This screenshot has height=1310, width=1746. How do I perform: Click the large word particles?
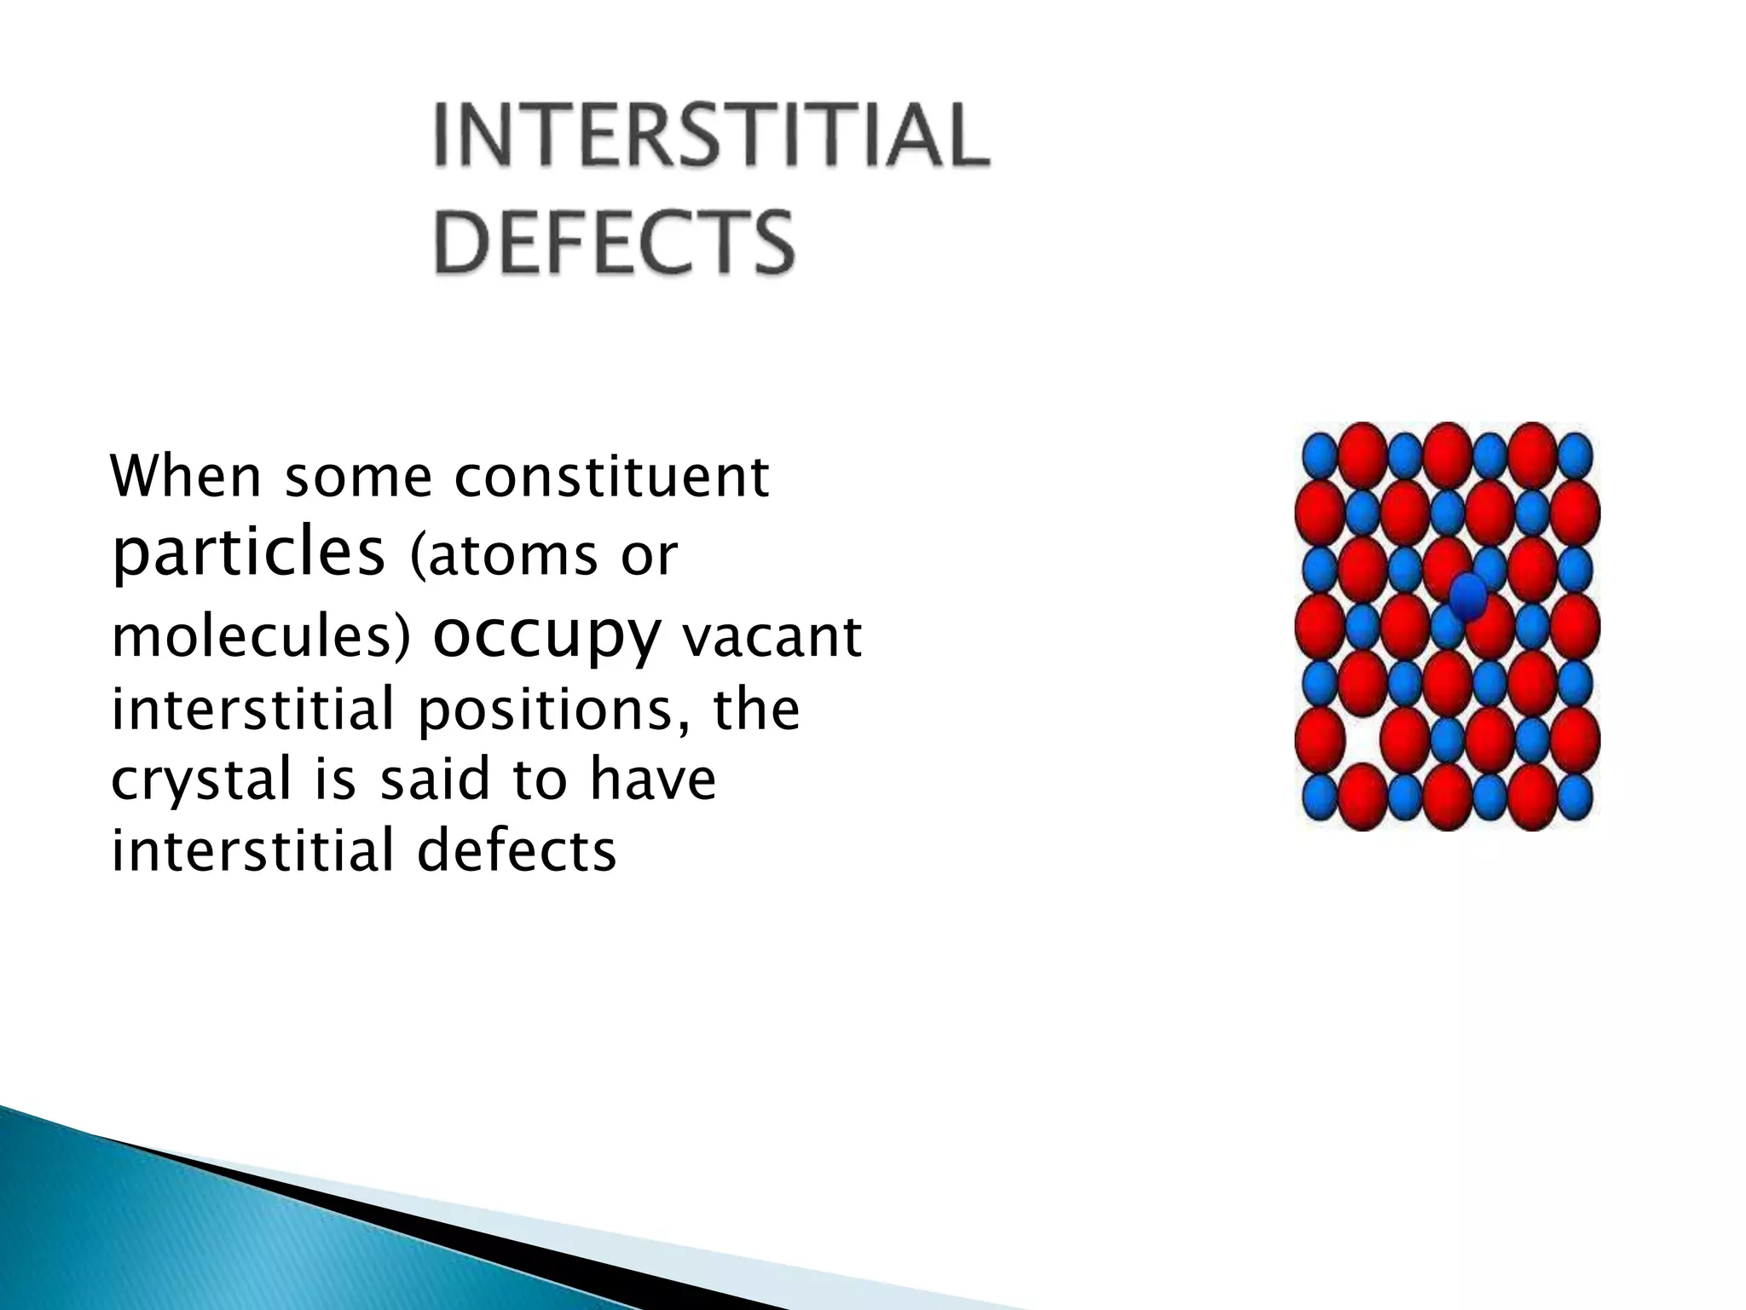[248, 554]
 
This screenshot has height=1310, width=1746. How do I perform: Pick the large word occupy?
[546, 635]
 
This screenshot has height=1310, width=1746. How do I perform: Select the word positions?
[546, 710]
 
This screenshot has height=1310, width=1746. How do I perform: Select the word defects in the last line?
[516, 851]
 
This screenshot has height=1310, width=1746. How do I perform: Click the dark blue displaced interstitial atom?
[1468, 595]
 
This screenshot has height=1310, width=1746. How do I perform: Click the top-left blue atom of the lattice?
[1320, 455]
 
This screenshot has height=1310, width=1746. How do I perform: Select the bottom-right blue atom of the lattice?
[1575, 797]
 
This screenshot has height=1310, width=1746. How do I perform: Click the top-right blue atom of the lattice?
[1575, 455]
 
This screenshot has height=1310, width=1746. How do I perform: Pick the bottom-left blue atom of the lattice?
[1320, 797]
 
